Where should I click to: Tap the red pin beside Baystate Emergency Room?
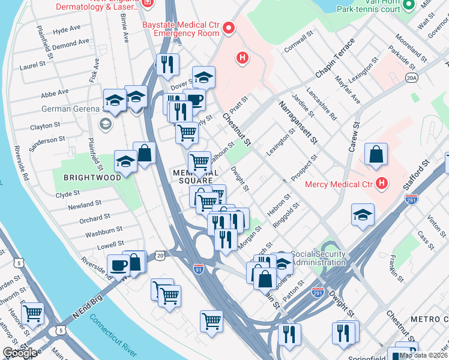[229, 28]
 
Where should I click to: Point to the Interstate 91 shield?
[199, 271]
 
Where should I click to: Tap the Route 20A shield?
[411, 77]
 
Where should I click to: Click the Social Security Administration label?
[318, 258]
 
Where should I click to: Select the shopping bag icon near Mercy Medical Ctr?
[375, 155]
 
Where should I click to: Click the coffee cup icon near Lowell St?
[118, 264]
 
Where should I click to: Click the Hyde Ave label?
[67, 29]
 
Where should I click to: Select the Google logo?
[20, 353]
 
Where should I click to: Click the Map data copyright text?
[423, 355]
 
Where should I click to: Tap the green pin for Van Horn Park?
[409, 5]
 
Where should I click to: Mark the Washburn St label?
[104, 230]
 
